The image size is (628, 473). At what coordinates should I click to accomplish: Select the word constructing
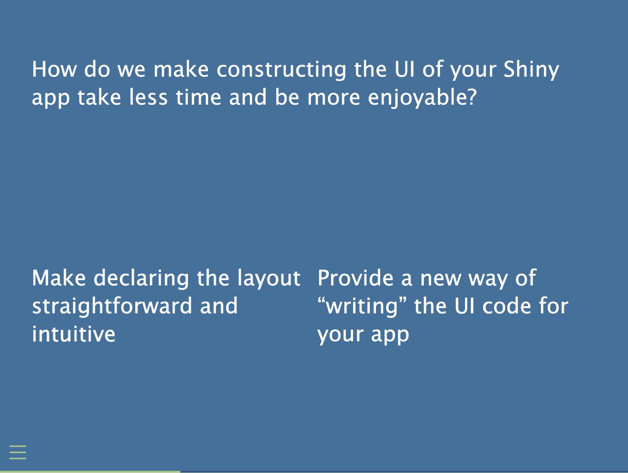281,70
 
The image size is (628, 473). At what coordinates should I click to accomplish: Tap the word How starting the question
54,69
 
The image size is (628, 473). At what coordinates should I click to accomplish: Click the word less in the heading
148,97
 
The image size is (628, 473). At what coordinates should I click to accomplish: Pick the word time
199,97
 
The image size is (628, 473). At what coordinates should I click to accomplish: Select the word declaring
141,278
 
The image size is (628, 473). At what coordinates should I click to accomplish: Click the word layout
269,278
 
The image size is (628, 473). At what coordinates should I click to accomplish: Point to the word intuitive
73,334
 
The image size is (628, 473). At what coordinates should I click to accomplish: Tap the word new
441,279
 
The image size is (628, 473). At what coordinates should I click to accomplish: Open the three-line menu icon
18,452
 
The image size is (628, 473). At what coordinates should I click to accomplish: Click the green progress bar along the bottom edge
90,472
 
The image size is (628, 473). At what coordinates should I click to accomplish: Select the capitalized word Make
59,278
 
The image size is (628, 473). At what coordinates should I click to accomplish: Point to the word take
99,97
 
